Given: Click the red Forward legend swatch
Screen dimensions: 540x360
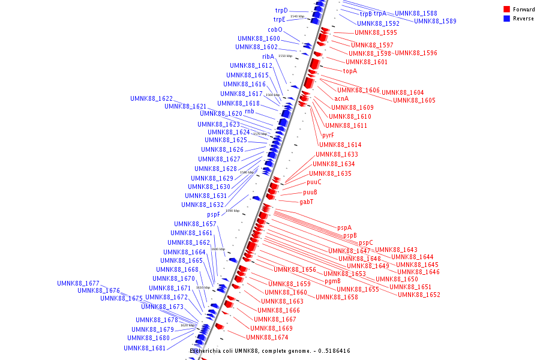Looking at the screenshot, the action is point(506,10).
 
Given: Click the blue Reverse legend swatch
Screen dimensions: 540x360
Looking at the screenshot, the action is point(506,19).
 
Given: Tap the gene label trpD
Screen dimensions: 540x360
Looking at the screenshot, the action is point(281,11).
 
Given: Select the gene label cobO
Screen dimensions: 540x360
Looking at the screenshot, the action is point(275,30).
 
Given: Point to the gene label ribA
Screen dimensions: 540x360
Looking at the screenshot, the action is point(268,56).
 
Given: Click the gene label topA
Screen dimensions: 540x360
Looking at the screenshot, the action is point(350,71).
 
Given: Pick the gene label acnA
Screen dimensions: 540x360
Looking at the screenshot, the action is point(341,98).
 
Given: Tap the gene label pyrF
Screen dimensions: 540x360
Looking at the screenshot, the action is point(328,135).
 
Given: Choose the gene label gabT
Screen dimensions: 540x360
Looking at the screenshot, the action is point(306,202).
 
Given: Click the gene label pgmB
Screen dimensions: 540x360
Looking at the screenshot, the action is point(332,281).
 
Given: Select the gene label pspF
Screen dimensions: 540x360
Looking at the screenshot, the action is point(214,214).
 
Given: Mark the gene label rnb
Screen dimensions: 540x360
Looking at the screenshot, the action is point(249,112).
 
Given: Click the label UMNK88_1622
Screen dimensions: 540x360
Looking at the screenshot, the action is point(151,98).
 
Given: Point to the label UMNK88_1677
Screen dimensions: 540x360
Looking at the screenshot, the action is point(78,283).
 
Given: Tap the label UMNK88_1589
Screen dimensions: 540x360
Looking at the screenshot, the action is point(435,21).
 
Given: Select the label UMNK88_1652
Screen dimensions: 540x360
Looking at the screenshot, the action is point(419,295).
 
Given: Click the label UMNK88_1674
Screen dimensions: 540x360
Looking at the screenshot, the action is point(267,337).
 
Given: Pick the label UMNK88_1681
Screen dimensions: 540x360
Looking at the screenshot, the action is point(145,348).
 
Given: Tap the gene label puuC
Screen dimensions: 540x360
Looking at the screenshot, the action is point(314,182).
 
